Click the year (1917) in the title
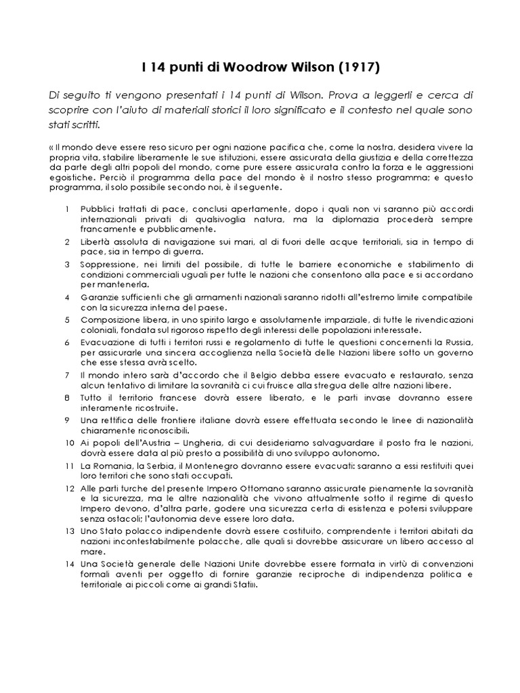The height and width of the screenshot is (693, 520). point(359,68)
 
